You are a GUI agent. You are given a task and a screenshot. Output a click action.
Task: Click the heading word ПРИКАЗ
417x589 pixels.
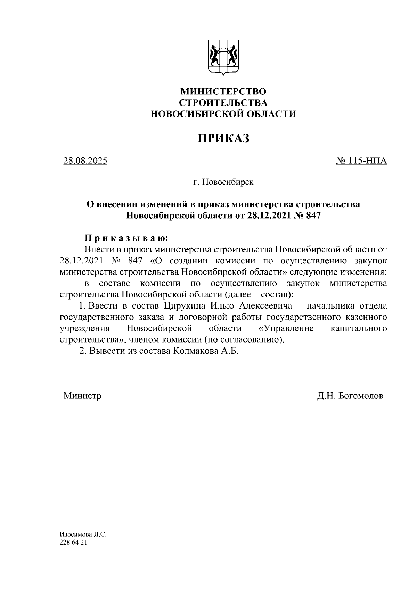tap(223, 138)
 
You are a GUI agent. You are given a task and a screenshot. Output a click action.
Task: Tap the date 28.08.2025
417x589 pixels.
tap(85, 161)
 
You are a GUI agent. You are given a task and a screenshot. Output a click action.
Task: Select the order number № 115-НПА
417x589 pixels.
tap(361, 161)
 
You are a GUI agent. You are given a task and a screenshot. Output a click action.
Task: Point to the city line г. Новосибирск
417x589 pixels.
tap(223, 182)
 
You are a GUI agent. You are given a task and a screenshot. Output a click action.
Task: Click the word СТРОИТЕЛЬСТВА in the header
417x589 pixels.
tap(223, 103)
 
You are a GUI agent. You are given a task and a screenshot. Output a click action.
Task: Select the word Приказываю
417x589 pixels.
tap(127, 238)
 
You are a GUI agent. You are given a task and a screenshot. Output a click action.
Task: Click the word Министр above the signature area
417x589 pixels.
tap(82, 396)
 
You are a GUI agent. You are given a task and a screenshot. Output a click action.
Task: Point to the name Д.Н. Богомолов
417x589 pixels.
tap(350, 396)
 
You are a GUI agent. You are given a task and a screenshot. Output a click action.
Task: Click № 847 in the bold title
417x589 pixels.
tap(307, 215)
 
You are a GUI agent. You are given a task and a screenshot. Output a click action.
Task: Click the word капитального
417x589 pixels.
tap(359, 328)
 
